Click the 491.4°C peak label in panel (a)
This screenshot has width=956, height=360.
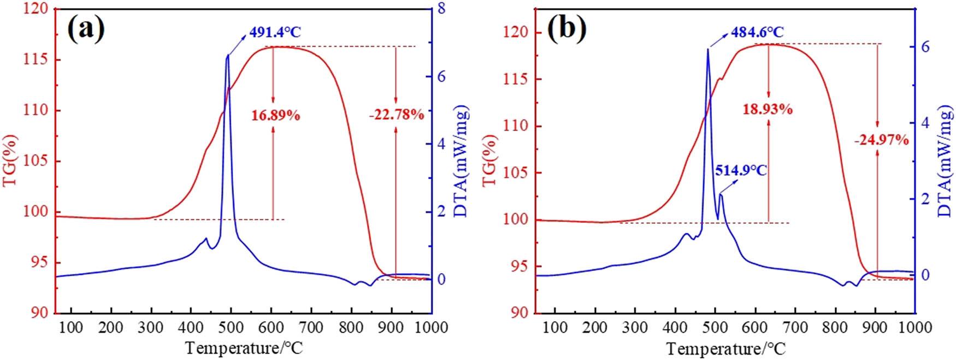pyautogui.click(x=275, y=32)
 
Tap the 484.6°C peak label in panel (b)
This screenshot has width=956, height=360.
pyautogui.click(x=758, y=32)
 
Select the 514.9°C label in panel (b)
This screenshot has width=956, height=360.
pyautogui.click(x=741, y=170)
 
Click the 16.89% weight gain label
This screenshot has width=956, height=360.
pyautogui.click(x=275, y=115)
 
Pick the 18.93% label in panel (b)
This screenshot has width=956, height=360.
pyautogui.click(x=767, y=109)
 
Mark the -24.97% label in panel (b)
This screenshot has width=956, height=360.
pyautogui.click(x=882, y=140)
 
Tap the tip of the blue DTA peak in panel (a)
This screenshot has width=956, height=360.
pyautogui.click(x=227, y=55)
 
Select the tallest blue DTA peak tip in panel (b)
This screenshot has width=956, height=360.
pyautogui.click(x=708, y=49)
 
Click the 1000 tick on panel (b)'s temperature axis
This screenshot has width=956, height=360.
pyautogui.click(x=914, y=327)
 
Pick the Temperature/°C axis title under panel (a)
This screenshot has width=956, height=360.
pyautogui.click(x=244, y=347)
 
